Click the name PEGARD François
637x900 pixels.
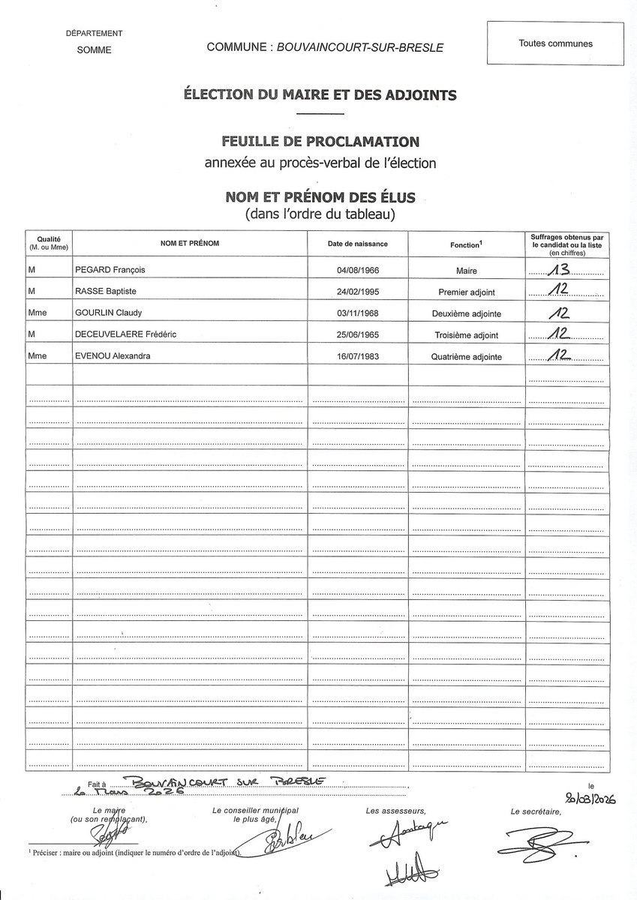tap(110, 271)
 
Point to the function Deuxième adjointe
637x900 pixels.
tap(467, 313)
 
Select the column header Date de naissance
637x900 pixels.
tap(357, 244)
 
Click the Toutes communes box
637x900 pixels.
tap(555, 43)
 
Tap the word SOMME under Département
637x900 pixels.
tap(94, 50)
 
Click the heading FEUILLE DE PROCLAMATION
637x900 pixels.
tap(320, 141)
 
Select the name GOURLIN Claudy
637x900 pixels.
tap(109, 313)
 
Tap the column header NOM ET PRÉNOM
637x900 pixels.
tap(190, 244)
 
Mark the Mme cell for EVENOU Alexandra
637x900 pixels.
tap(37, 356)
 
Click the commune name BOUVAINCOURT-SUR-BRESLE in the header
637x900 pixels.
tap(360, 47)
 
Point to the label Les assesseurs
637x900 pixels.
tap(395, 811)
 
